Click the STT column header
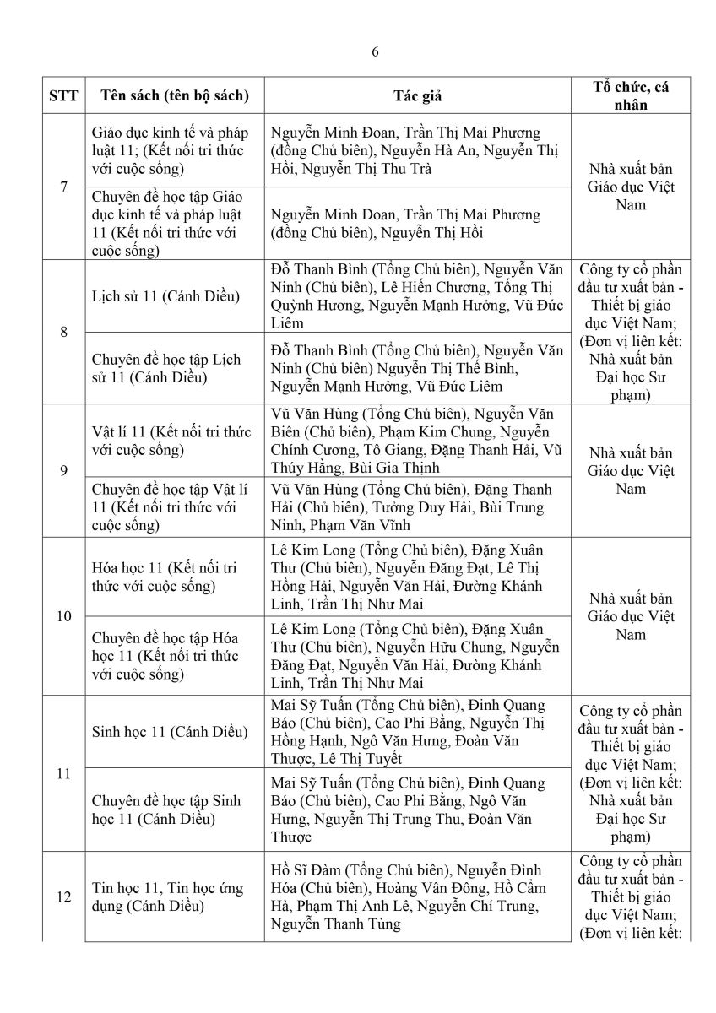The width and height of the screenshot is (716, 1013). (63, 95)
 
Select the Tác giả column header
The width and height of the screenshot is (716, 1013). (417, 95)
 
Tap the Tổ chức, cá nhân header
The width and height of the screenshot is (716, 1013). (631, 95)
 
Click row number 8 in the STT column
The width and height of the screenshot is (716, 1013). (63, 332)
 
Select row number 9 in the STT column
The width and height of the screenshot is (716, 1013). (63, 470)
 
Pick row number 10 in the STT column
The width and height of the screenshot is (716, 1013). (63, 616)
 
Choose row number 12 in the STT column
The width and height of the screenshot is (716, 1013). (63, 897)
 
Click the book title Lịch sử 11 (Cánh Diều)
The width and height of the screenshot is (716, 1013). (165, 296)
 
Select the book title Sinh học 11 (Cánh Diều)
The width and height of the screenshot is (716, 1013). (170, 731)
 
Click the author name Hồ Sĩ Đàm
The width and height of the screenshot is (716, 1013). (308, 870)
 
